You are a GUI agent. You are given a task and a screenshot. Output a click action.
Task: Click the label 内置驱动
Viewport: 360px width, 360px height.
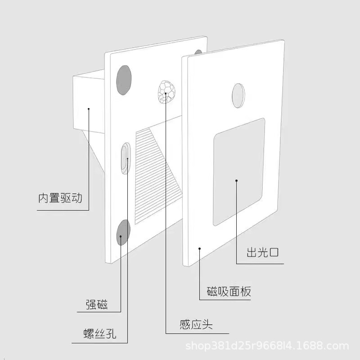click(60, 198)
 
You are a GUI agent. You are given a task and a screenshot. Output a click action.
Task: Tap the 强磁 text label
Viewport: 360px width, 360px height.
click(97, 305)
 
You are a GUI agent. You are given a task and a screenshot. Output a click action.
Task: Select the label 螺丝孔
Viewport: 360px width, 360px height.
click(100, 334)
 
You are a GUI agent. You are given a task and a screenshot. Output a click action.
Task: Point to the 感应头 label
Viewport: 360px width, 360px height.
click(196, 324)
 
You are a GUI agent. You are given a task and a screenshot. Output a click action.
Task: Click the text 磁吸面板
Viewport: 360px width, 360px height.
click(229, 291)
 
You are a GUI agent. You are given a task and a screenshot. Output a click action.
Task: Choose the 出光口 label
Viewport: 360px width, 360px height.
click(262, 252)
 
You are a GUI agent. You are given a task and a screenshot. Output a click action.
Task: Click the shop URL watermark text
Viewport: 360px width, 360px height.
click(267, 346)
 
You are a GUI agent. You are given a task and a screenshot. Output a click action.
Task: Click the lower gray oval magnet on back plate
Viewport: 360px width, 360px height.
click(123, 232)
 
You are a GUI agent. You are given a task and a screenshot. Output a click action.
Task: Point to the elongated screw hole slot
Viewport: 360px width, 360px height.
click(126, 158)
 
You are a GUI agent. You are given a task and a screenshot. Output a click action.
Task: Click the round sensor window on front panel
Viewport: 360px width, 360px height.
click(238, 95)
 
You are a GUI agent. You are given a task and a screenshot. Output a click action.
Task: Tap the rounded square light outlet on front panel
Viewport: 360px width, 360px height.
click(238, 172)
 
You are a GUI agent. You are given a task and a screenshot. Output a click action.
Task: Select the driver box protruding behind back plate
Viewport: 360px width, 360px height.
click(88, 103)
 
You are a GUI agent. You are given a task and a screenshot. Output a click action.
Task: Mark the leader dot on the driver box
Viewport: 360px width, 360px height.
click(89, 108)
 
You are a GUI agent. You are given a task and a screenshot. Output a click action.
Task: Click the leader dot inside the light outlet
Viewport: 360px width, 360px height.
click(236, 180)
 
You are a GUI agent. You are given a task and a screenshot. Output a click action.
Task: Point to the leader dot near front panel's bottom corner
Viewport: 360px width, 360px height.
click(199, 247)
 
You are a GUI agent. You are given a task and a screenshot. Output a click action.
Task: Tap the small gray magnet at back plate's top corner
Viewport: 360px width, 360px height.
click(198, 52)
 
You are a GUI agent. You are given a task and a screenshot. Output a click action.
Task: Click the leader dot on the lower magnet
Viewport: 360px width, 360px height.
click(121, 236)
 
